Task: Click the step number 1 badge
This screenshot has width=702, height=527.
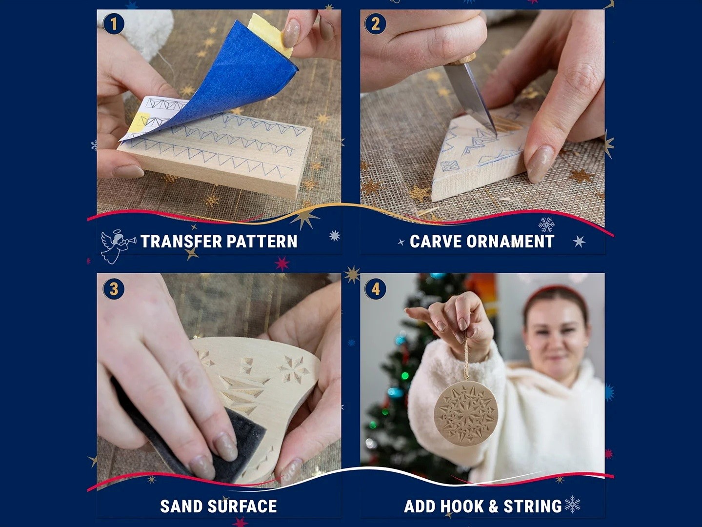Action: (114, 24)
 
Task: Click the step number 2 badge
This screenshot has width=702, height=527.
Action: (375, 24)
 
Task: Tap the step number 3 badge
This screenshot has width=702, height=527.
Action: (114, 289)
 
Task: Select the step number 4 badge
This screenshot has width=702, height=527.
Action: (375, 289)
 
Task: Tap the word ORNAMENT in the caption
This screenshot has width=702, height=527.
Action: (510, 242)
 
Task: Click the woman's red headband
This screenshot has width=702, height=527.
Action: (555, 294)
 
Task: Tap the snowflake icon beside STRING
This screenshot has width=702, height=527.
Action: (572, 504)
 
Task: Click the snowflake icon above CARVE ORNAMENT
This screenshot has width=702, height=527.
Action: (546, 224)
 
